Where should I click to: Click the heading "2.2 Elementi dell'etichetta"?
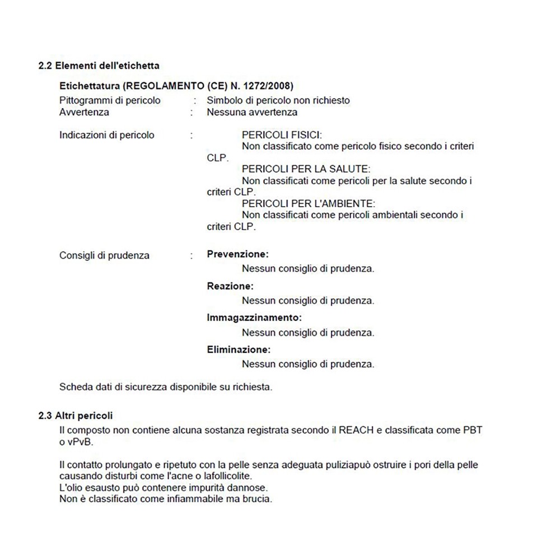coord(99,66)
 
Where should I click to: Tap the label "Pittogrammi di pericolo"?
coord(110,100)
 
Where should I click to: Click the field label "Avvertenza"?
coord(84,112)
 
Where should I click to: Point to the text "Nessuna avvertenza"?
coord(252,112)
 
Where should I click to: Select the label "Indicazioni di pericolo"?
coord(106,135)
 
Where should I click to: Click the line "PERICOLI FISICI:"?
coord(282,135)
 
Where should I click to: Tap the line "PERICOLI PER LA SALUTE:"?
coord(306,169)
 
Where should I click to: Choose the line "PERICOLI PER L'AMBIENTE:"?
coord(308,203)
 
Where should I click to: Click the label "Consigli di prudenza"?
coord(104,255)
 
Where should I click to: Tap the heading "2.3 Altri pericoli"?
coord(76,416)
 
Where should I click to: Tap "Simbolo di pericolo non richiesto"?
coord(278,100)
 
